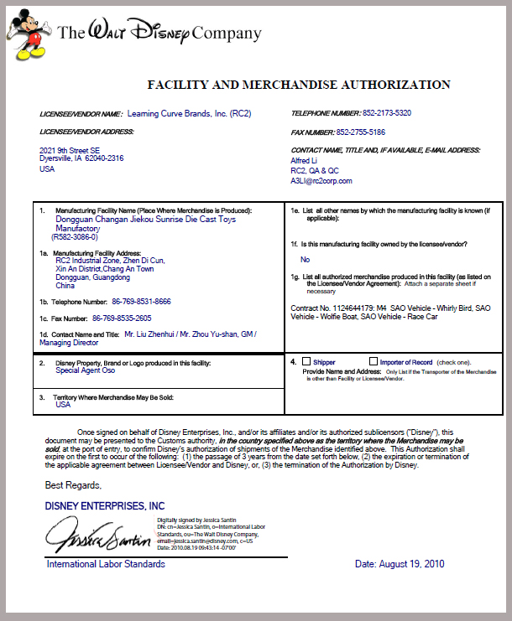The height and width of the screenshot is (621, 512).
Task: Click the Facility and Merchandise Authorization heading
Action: click(299, 85)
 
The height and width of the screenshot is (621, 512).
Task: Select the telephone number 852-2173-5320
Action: click(374, 112)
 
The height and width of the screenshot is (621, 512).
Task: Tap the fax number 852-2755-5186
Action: click(361, 132)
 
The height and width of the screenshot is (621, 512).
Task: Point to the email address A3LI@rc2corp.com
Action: click(321, 180)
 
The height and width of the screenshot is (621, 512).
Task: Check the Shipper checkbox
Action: click(306, 361)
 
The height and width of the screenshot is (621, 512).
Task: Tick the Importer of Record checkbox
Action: click(373, 361)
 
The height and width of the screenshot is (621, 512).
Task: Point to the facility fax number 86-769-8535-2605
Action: click(122, 318)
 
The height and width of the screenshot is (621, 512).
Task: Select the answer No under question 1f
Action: click(305, 260)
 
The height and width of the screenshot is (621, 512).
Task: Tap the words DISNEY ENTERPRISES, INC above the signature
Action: click(105, 506)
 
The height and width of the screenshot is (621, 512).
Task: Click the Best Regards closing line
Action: click(73, 485)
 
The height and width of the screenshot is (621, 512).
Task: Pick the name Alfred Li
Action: click(304, 160)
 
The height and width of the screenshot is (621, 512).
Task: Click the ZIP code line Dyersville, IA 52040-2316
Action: click(81, 158)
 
